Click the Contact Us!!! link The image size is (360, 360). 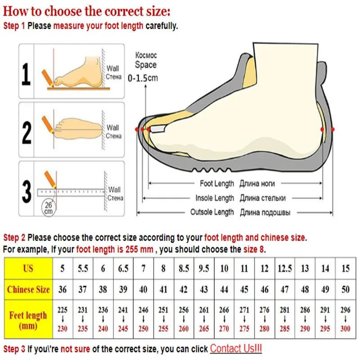(236, 348)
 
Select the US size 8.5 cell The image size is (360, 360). (184, 269)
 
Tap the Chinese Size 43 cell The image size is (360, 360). (204, 289)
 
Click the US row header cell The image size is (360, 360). (28, 269)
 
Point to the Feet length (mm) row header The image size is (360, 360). (28, 320)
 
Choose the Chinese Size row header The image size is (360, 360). (28, 289)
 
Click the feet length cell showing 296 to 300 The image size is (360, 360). (345, 320)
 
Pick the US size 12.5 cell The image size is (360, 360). (284, 269)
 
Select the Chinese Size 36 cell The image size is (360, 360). (63, 289)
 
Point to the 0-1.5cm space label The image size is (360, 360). (143, 77)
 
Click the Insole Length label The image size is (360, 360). (215, 198)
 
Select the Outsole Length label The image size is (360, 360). (212, 212)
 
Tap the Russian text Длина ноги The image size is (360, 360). (257, 184)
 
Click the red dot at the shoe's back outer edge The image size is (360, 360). (333, 130)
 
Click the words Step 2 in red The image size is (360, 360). (14, 237)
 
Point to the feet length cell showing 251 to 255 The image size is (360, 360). (163, 320)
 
